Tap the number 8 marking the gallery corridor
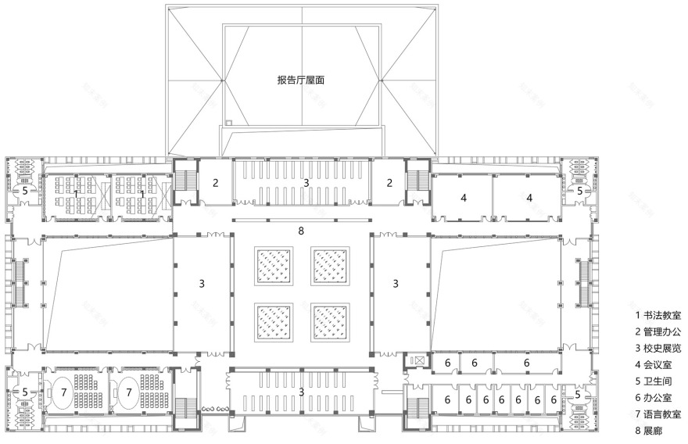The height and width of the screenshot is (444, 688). tap(301, 231)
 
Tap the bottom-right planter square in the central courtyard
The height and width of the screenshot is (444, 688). tap(329, 320)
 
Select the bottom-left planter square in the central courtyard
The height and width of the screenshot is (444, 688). tap(274, 320)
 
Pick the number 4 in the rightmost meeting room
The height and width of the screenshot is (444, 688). tap(529, 198)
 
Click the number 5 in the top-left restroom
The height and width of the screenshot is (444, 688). tap(23, 190)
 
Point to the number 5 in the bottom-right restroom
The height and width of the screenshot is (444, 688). tap(578, 395)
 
